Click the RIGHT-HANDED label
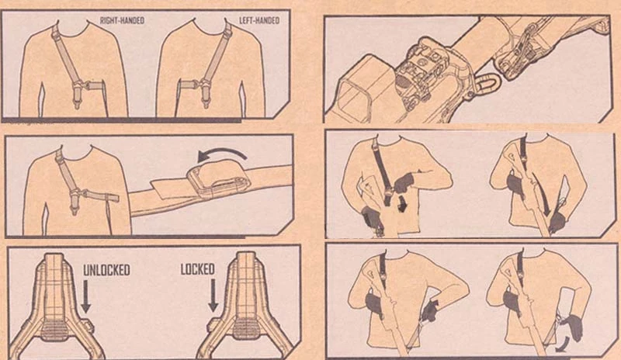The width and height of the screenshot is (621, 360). coord(122,20)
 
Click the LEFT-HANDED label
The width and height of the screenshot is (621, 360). coord(259,20)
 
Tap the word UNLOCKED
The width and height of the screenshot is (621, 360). coord(106,270)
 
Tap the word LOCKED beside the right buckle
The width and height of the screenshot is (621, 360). coord(197,269)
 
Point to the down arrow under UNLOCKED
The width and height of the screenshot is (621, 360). coord(86,296)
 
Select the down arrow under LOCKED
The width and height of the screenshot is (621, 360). coord(213,295)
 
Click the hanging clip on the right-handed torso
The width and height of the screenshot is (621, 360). coord(77,99)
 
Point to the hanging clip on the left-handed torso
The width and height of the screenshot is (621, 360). coord(205,99)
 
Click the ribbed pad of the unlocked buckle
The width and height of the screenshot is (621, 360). coord(54,330)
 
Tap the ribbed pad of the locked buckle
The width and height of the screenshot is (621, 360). coord(246,330)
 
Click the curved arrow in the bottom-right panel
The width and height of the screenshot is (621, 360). coord(563,345)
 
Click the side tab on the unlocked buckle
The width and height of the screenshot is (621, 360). coord(91,326)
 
